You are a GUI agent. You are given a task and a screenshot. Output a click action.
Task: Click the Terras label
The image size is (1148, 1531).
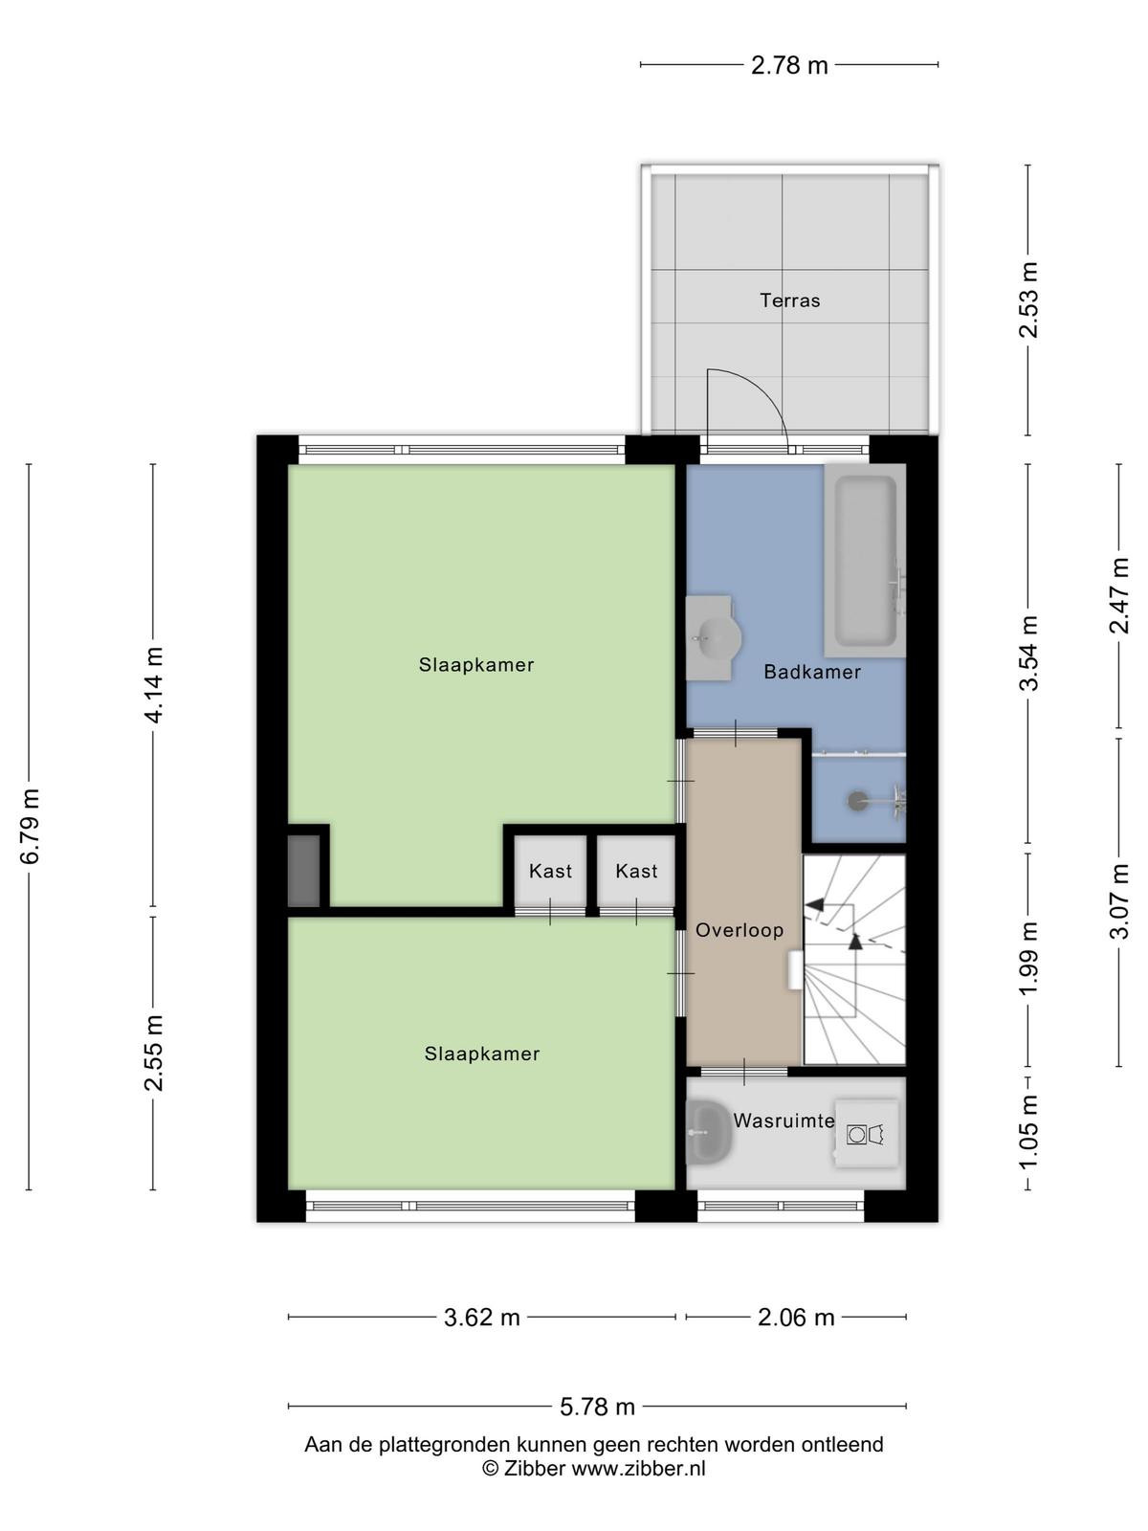(789, 300)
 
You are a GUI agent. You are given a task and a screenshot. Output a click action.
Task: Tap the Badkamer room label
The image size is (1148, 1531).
(812, 672)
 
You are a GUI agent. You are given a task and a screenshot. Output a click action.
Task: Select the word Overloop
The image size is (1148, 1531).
(740, 930)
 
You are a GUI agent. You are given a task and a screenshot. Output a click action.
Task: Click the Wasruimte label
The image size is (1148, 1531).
(784, 1121)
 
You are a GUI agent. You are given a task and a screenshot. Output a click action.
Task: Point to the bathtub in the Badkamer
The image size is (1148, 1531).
(865, 560)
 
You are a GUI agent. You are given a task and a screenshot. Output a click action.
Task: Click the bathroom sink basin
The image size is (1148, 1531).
(713, 637)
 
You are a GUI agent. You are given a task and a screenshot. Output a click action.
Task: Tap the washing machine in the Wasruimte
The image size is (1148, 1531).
(867, 1134)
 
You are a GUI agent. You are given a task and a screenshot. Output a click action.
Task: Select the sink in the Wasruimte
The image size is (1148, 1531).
(708, 1133)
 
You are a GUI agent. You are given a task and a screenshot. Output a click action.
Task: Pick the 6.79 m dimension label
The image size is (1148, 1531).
(30, 827)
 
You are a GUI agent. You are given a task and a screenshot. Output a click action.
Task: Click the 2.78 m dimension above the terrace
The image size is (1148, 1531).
(789, 66)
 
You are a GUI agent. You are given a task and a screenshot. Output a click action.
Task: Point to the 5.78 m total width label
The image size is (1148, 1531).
(597, 1408)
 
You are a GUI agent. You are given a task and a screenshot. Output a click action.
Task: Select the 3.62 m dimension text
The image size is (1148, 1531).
(481, 1318)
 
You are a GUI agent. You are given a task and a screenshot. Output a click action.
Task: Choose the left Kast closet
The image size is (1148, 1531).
(550, 871)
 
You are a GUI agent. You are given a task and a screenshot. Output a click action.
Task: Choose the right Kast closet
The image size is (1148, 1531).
(636, 871)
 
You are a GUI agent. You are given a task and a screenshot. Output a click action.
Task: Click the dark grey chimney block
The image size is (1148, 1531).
(304, 871)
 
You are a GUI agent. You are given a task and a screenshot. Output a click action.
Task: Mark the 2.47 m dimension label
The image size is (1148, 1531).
(1118, 596)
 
